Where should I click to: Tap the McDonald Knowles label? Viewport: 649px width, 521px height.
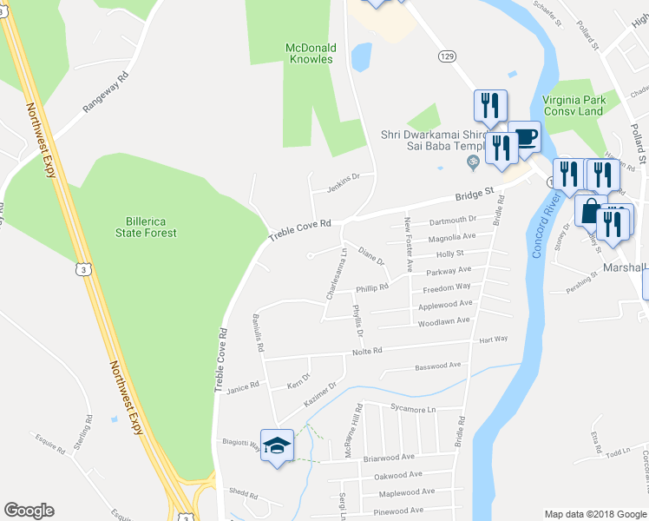pyautogui.click(x=311, y=53)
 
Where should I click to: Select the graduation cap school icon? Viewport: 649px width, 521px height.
pyautogui.click(x=278, y=447)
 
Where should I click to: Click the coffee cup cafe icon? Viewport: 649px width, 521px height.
pyautogui.click(x=524, y=136)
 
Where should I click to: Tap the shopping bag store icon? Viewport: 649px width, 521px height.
pyautogui.click(x=590, y=211)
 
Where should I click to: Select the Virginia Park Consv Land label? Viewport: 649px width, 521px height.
pyautogui.click(x=572, y=105)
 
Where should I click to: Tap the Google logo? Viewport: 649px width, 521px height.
pyautogui.click(x=29, y=511)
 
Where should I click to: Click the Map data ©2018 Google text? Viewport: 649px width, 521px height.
pyautogui.click(x=595, y=514)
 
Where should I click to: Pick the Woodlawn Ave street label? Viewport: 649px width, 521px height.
pyautogui.click(x=443, y=320)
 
